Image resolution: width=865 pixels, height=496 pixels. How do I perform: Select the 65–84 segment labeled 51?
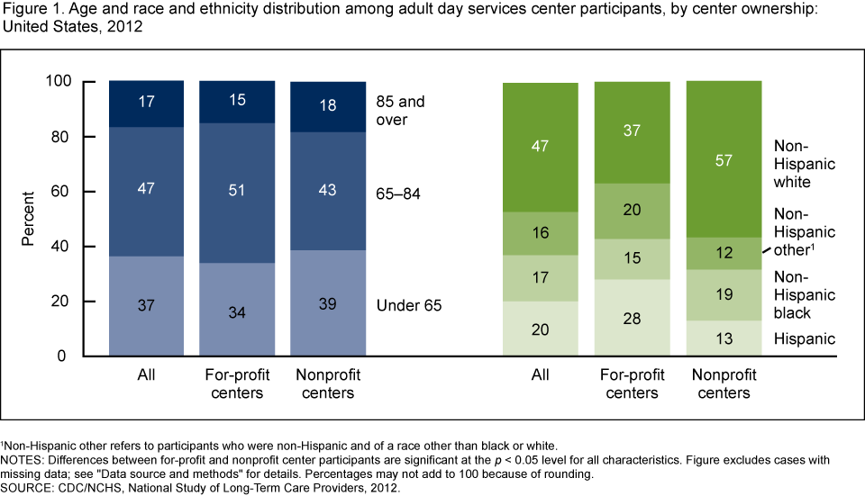[x=237, y=193]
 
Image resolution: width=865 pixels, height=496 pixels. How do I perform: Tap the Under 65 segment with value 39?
[x=328, y=303]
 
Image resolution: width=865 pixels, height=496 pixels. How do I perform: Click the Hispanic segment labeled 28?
[x=632, y=318]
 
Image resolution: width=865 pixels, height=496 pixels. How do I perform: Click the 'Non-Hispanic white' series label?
[x=804, y=162]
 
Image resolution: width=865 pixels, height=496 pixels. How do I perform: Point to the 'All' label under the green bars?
[x=541, y=374]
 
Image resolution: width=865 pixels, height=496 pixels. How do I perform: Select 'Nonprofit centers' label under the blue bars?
[x=328, y=383]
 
